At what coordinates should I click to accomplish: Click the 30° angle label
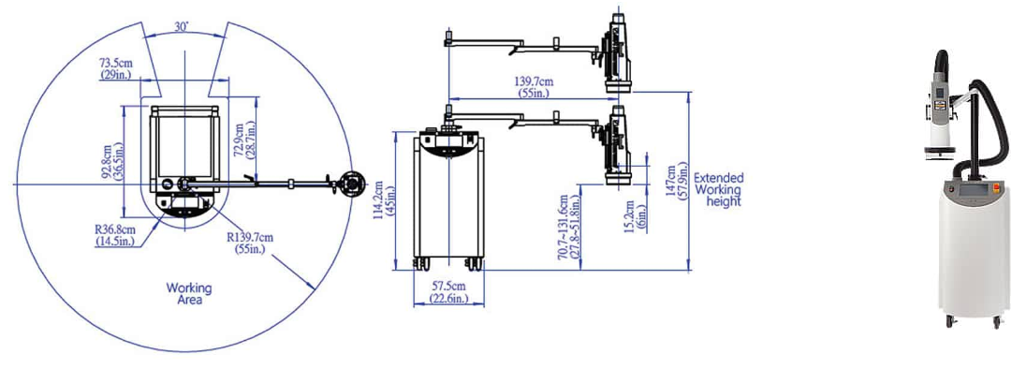(x=183, y=26)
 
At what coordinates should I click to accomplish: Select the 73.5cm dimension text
(x=115, y=68)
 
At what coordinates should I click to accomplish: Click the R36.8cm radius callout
(x=116, y=235)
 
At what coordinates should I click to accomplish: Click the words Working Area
(x=189, y=294)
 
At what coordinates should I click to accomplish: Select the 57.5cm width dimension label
(x=447, y=292)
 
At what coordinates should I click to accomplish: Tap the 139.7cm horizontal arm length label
(x=534, y=87)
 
